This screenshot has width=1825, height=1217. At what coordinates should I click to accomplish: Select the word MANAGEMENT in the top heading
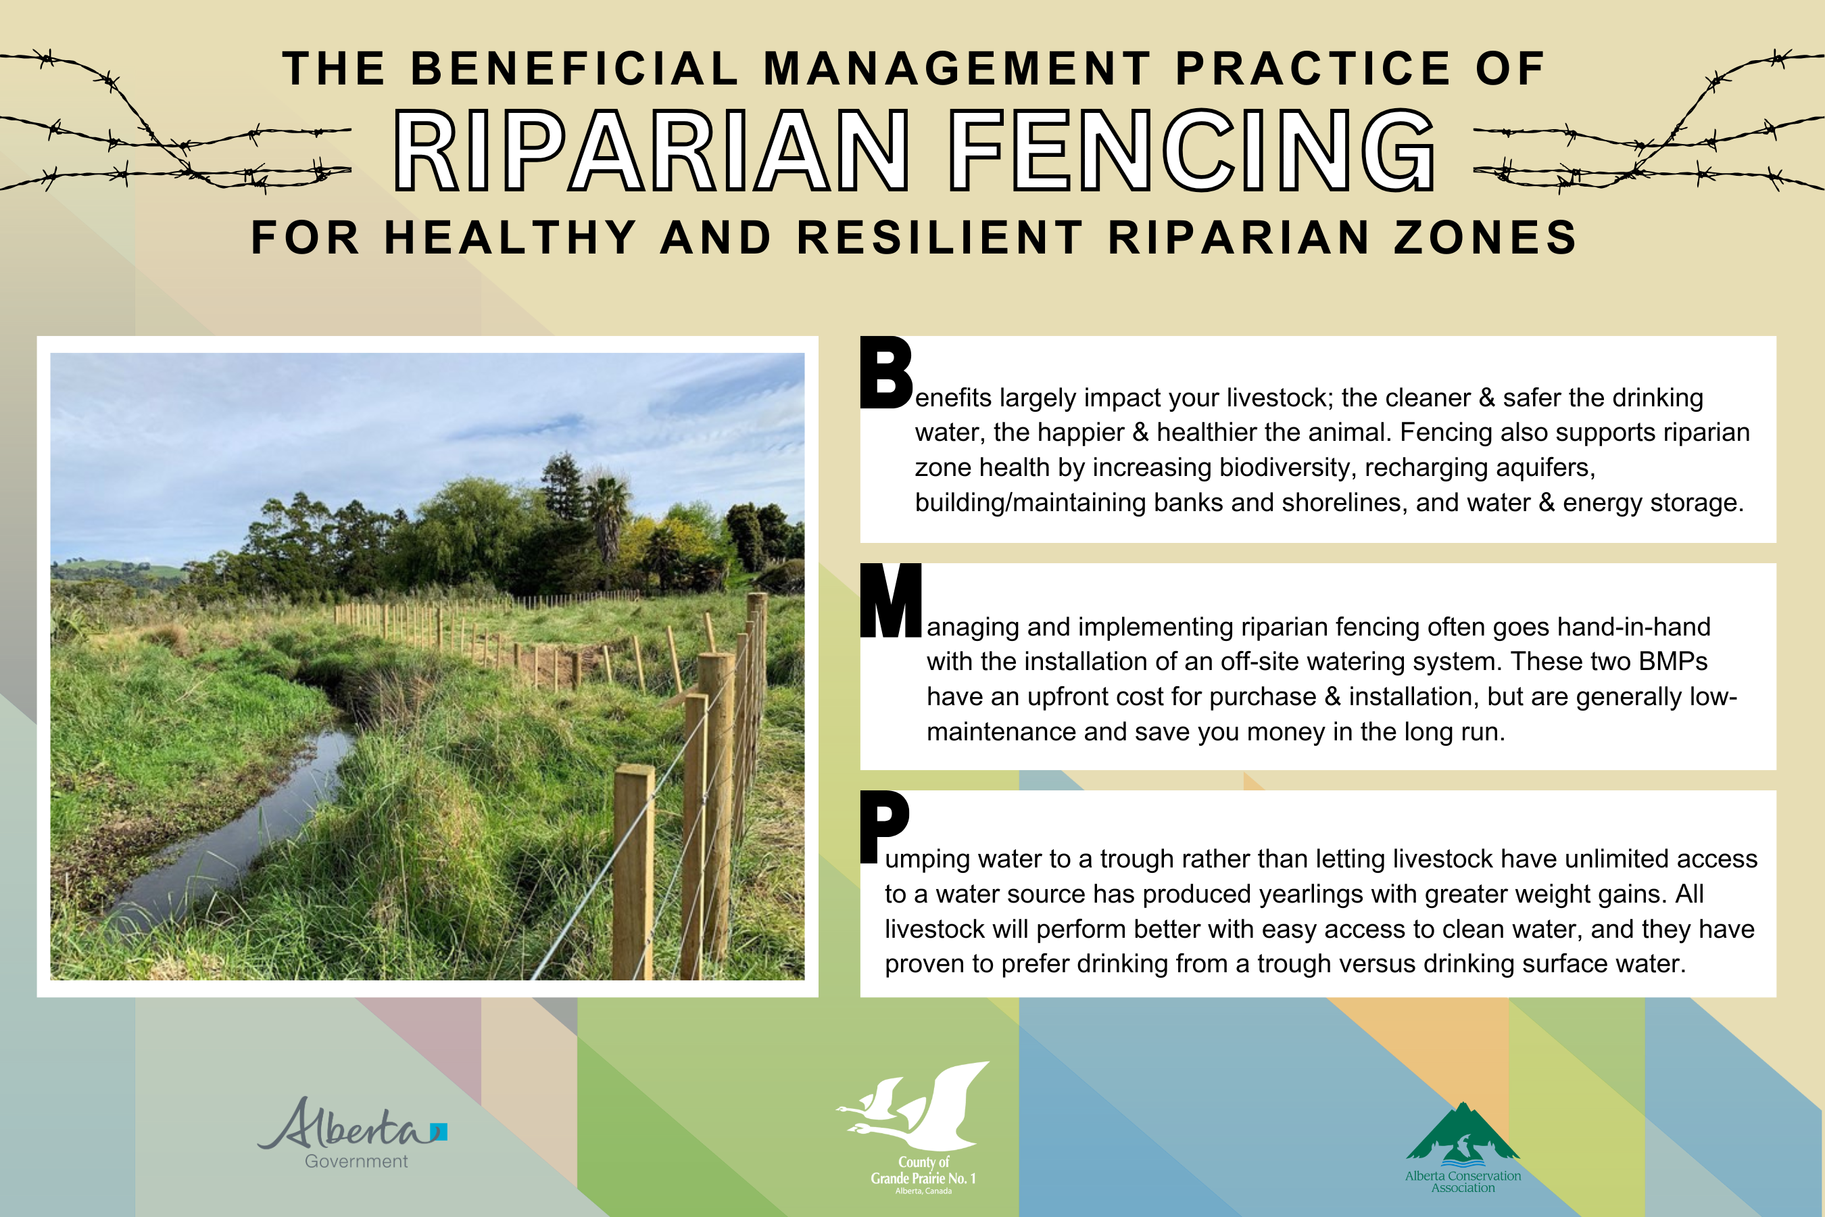pyautogui.click(x=958, y=68)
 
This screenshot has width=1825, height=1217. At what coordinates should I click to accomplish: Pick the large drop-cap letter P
pyautogui.click(x=885, y=827)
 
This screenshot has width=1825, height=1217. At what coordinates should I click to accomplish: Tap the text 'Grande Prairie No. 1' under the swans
pyautogui.click(x=923, y=1178)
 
